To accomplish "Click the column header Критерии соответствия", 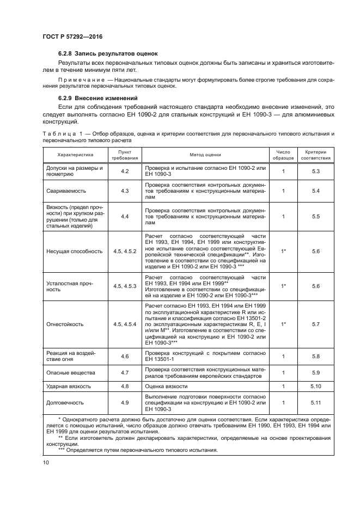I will (x=315, y=154).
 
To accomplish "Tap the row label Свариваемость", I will (x=64, y=191).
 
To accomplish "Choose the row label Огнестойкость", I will (x=64, y=324).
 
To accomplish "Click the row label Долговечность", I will (x=64, y=403).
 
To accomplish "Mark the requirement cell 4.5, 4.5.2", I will (x=125, y=252).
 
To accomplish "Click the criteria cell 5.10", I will (x=315, y=386).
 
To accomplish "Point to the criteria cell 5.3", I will (x=315, y=171).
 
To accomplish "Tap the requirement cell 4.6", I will (x=125, y=356).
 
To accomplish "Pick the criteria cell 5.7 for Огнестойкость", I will (x=315, y=324).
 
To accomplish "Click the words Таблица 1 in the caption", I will (x=58, y=133).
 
